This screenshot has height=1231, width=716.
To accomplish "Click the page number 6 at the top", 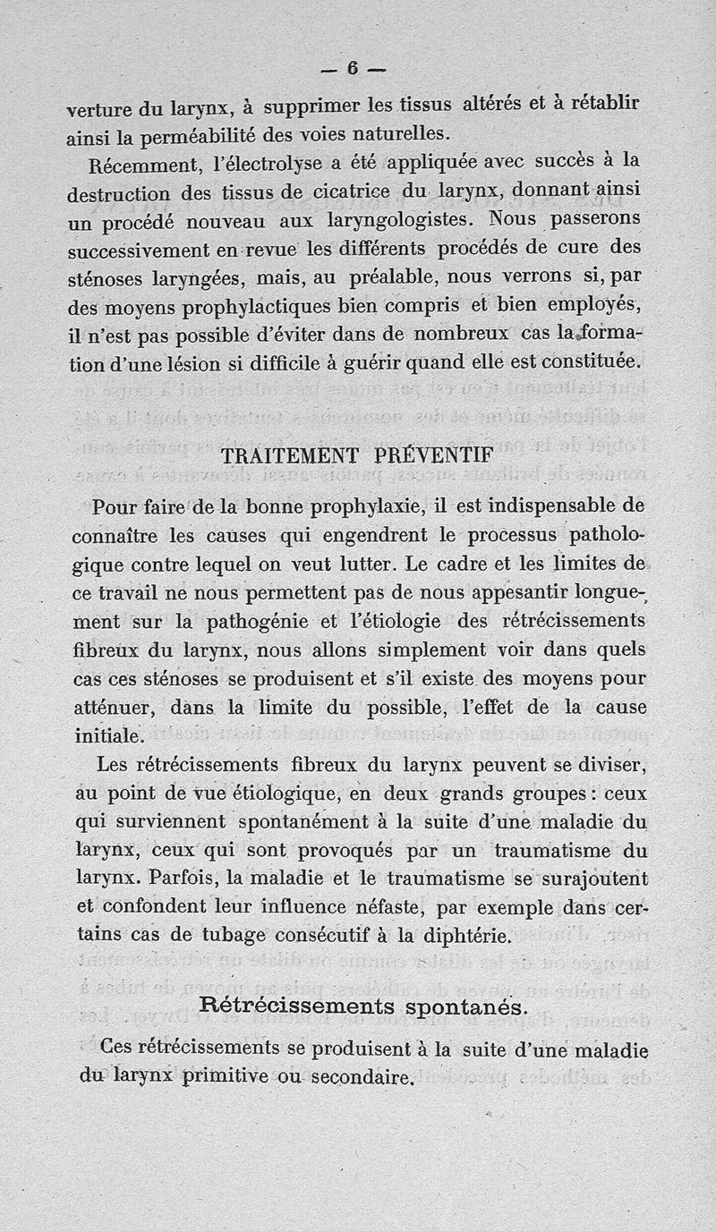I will [353, 68].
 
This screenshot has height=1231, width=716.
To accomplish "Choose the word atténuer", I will [115, 708].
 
